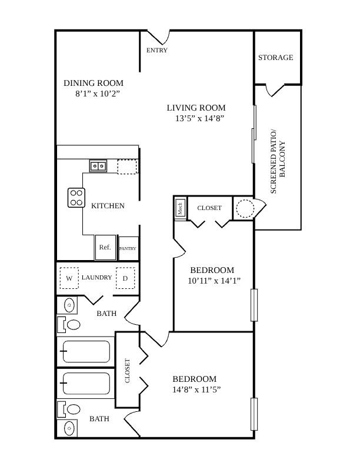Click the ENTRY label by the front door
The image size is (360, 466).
coord(157,50)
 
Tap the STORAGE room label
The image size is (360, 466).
coord(276,57)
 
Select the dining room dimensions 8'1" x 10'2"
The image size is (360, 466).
coord(98,94)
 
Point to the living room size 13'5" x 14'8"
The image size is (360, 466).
coord(199,118)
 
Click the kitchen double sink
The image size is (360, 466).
coord(98,166)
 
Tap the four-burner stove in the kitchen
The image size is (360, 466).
coord(76,198)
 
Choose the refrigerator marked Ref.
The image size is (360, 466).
coord(105,247)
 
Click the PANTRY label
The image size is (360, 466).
coord(128,248)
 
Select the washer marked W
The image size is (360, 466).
coord(69,278)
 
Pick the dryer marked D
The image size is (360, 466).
coord(125,278)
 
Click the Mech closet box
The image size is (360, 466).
coord(181,208)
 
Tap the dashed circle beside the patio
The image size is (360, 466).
coord(245,208)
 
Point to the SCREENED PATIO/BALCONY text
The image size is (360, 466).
coord(278,161)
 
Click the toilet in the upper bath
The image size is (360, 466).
coord(69,325)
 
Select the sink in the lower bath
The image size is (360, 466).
coord(69,428)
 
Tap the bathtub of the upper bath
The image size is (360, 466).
coord(86,351)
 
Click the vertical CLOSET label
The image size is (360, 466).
coord(128,371)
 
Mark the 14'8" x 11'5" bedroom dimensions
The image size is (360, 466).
coord(196,390)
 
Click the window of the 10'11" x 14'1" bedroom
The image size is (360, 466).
coord(254,305)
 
